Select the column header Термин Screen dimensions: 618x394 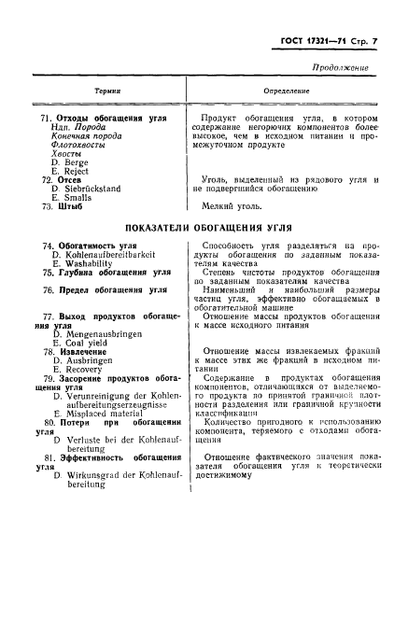coord(106,91)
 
